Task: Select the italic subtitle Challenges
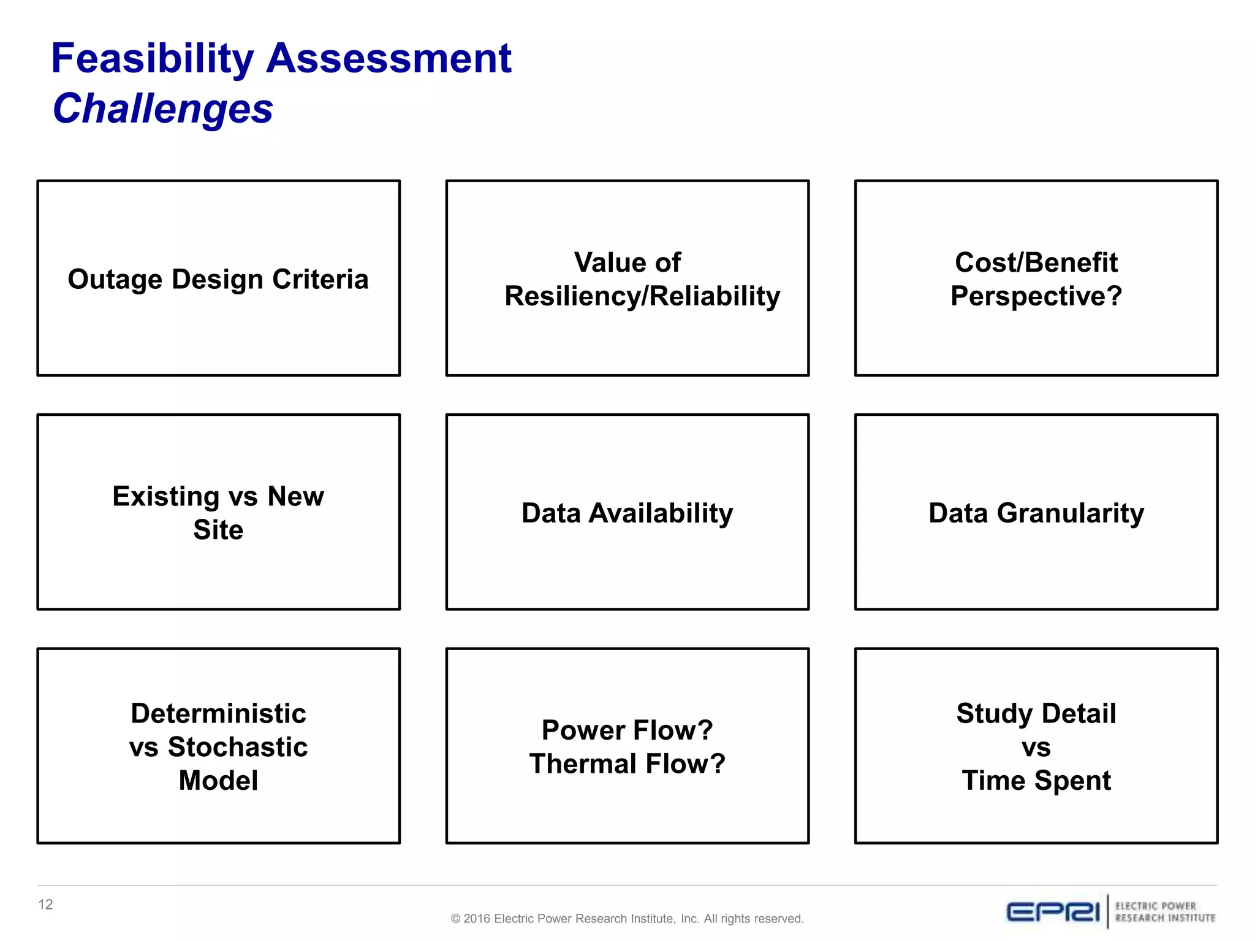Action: click(x=163, y=109)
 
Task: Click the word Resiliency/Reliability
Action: click(x=642, y=296)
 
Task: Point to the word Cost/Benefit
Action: click(x=1036, y=262)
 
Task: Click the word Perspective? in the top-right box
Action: click(x=1036, y=296)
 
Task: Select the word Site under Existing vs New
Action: click(x=218, y=530)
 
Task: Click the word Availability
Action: click(x=661, y=513)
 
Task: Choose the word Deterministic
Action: click(x=218, y=714)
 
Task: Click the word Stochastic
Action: click(x=238, y=748)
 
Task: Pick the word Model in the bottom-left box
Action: click(x=218, y=781)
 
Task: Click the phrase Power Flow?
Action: click(x=627, y=730)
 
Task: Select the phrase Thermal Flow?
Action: click(x=627, y=764)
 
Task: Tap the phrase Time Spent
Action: click(x=1036, y=781)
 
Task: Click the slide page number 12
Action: click(x=45, y=905)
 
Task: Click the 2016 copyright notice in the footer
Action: click(x=627, y=919)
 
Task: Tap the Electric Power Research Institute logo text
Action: click(x=1164, y=912)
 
